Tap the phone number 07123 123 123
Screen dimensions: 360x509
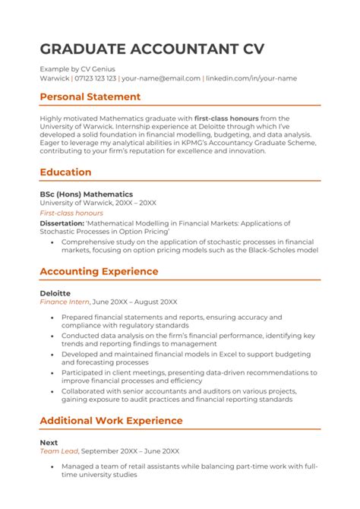[95, 78]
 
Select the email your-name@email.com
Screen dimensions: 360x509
[161, 78]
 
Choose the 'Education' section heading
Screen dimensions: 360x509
[65, 172]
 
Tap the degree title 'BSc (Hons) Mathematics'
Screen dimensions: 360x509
[86, 194]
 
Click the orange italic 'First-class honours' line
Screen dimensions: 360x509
[71, 214]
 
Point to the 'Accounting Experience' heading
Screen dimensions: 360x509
[99, 271]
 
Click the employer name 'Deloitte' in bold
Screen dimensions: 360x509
[55, 292]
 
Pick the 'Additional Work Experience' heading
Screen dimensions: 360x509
[111, 420]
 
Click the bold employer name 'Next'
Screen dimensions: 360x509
[48, 441]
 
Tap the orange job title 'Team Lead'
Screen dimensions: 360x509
[58, 451]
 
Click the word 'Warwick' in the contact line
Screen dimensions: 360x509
[54, 78]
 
